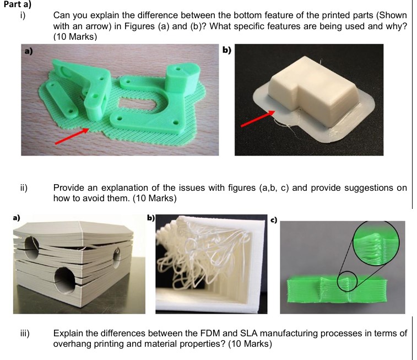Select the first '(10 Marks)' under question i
[75, 36]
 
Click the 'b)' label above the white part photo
[226, 51]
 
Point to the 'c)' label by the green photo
[273, 221]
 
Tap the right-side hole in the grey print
[117, 255]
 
